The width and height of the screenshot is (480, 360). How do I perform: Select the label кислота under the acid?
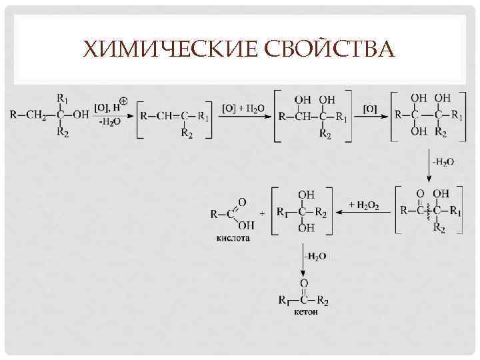click(233, 238)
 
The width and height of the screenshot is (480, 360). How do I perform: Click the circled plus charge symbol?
click(124, 102)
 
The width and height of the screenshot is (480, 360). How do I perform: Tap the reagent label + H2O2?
click(364, 206)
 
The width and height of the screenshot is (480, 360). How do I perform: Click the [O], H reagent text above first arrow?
click(107, 107)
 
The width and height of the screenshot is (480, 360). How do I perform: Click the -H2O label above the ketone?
click(315, 257)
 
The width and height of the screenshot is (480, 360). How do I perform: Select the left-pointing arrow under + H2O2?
click(364, 212)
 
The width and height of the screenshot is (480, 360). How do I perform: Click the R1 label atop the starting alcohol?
click(62, 98)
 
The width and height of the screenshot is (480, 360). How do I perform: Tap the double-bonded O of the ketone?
click(303, 283)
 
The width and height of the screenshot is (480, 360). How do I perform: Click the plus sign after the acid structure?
click(262, 213)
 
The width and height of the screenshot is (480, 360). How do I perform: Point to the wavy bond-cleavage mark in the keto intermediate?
click(428, 211)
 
